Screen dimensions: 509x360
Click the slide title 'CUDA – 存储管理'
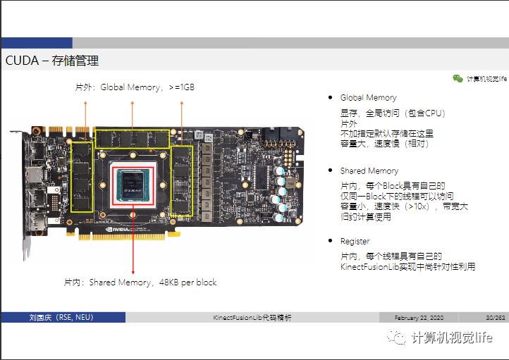tap(51, 61)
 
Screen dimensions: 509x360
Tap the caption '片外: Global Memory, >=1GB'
tap(135, 87)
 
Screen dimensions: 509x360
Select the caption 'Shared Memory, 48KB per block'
tap(140, 283)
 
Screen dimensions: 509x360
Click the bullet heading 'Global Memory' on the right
tap(368, 98)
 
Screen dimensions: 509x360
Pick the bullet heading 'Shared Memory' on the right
tap(369, 171)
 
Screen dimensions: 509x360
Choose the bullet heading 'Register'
tap(355, 241)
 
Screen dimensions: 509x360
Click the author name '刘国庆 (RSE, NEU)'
tap(61, 318)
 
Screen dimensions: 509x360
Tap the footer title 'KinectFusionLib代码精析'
tap(252, 318)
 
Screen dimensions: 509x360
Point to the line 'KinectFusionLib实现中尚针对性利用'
tap(407, 266)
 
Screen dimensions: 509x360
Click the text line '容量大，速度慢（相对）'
tap(384, 143)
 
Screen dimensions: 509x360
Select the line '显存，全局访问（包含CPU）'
tap(393, 113)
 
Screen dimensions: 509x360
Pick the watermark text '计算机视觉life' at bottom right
tap(451, 337)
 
